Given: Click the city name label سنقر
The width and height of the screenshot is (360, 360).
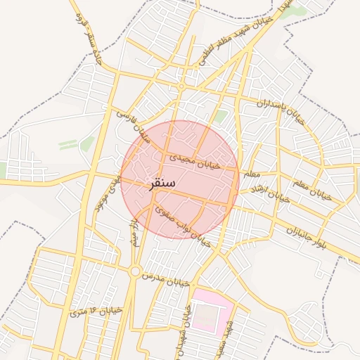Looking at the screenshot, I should coord(162,184).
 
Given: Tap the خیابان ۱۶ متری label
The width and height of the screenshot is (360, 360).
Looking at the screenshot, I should coord(97,310).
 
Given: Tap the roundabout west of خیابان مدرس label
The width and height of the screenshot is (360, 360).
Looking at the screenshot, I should coord(134,271).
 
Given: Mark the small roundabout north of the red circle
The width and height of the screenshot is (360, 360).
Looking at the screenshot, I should coord(181,86).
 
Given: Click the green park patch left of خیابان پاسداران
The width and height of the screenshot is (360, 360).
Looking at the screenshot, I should coord(221,117).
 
